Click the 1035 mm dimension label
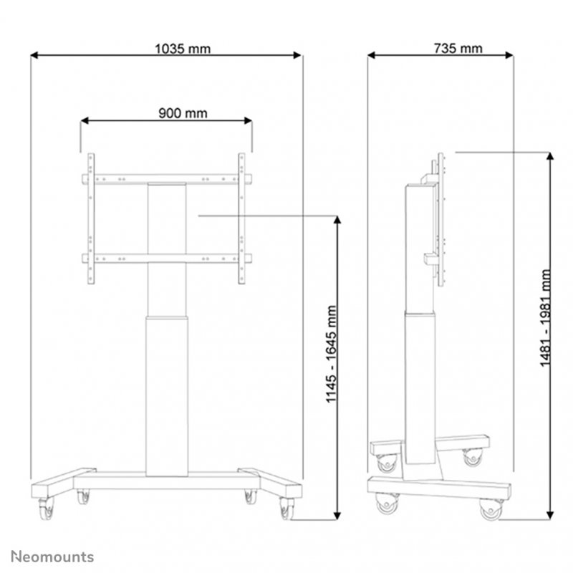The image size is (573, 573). [183, 49]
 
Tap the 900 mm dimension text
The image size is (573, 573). [178, 112]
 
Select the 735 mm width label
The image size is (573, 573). [458, 49]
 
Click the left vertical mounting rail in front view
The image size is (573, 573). [91, 218]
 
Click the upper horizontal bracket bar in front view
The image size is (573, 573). [167, 178]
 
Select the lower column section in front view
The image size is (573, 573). [167, 394]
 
